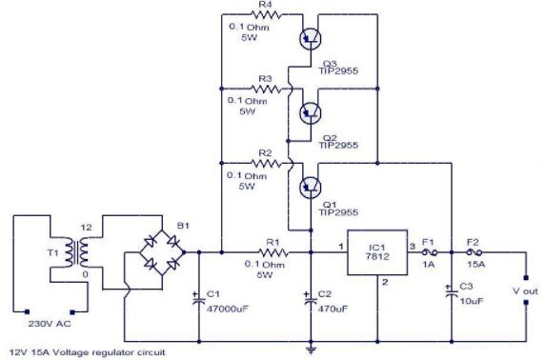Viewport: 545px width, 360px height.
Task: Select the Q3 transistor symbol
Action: [x=309, y=38]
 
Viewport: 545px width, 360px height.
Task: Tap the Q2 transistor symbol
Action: [x=309, y=110]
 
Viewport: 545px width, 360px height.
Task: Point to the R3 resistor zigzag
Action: [x=271, y=89]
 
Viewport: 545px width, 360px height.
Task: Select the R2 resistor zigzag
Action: [x=271, y=162]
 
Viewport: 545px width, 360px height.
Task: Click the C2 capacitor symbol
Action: [x=311, y=297]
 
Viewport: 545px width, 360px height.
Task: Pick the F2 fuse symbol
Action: [x=474, y=253]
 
